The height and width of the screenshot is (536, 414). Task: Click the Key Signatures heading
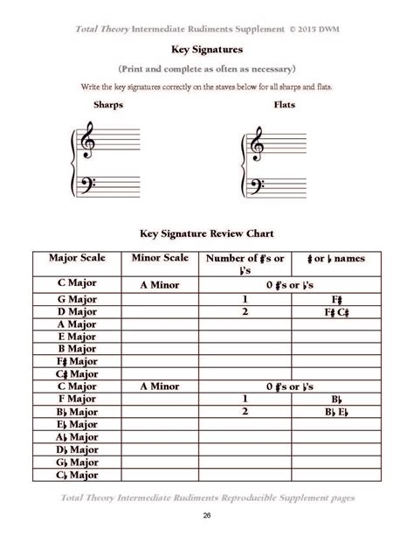coord(206,51)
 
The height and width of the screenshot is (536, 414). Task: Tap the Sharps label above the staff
coord(107,104)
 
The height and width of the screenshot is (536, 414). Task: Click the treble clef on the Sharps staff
coord(87,142)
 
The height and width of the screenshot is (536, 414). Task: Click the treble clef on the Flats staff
coord(258,142)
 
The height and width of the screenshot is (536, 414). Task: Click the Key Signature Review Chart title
coord(207,234)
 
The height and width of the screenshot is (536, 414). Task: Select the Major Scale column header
coord(77,259)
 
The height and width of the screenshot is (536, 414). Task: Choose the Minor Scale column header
coord(159,259)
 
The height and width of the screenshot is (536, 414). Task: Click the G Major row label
coord(77,298)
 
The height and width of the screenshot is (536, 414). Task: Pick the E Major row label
coord(77,336)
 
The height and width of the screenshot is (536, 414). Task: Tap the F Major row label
coord(77,399)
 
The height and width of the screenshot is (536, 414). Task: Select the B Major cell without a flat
coord(77,348)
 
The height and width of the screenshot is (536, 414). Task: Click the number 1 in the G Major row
coord(246,298)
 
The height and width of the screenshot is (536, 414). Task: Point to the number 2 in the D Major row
coord(246,311)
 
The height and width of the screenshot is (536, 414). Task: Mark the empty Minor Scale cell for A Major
coord(159,324)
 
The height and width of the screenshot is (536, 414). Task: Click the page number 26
coord(207,515)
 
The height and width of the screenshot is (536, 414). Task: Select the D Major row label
coord(77,311)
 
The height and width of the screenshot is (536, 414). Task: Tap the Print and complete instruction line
coord(206,68)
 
